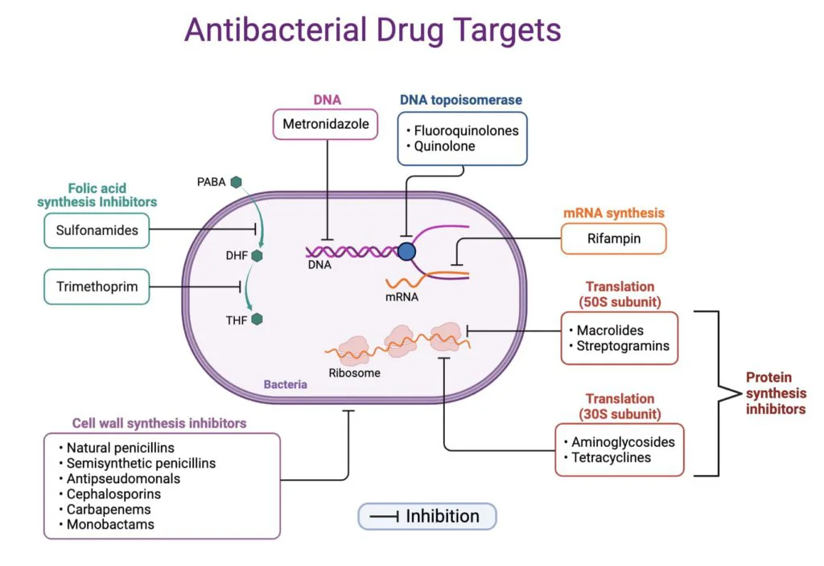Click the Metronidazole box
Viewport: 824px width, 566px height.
click(x=325, y=125)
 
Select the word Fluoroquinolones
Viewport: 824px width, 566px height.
click(x=466, y=130)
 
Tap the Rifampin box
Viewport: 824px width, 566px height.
click(x=614, y=239)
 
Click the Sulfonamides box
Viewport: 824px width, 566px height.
click(x=97, y=230)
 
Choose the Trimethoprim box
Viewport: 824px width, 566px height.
click(x=97, y=287)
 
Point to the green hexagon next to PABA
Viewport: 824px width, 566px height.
click(x=237, y=183)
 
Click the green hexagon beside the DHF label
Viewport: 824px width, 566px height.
click(x=257, y=255)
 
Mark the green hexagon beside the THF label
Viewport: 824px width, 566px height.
click(x=257, y=319)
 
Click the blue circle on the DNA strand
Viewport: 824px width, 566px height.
click(x=407, y=251)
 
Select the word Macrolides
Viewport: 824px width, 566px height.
click(x=610, y=330)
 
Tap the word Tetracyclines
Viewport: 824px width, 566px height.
click(x=612, y=457)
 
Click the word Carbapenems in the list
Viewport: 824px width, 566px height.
click(x=109, y=509)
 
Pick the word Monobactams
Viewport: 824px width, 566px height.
click(x=110, y=524)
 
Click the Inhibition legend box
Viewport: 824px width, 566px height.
click(x=427, y=516)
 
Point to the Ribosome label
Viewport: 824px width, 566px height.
click(x=354, y=373)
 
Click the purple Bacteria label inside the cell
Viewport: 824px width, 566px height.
click(x=285, y=384)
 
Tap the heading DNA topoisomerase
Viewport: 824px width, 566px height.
click(x=461, y=100)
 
